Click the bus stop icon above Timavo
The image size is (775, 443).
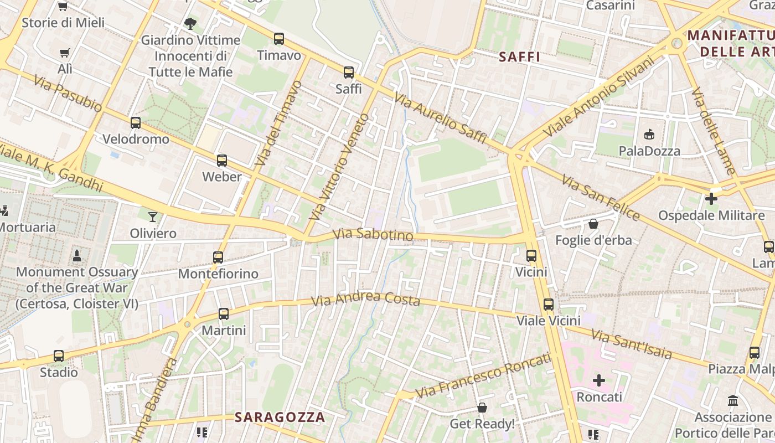[x=279, y=39]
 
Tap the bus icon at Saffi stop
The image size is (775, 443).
[x=349, y=72]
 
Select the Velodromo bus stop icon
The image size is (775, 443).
[x=136, y=122]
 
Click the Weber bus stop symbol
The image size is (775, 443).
[x=222, y=160]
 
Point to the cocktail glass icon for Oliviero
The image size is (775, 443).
[x=153, y=217]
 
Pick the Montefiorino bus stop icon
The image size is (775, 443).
[x=218, y=257]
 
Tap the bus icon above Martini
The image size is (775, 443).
[x=224, y=313]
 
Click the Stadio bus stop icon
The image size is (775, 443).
[x=59, y=356]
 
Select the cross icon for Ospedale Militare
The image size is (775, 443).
[x=711, y=198]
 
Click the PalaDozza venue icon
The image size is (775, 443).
[x=649, y=134]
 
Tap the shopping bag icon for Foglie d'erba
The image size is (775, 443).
[x=593, y=224]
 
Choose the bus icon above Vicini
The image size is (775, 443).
[x=531, y=255]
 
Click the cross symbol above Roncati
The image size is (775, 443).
[x=599, y=380]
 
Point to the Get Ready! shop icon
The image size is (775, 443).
[x=482, y=408]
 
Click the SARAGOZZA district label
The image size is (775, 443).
[x=280, y=417]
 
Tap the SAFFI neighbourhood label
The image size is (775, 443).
[x=519, y=56]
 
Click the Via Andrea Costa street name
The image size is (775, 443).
[x=365, y=299]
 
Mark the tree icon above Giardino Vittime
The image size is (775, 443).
[x=190, y=23]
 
